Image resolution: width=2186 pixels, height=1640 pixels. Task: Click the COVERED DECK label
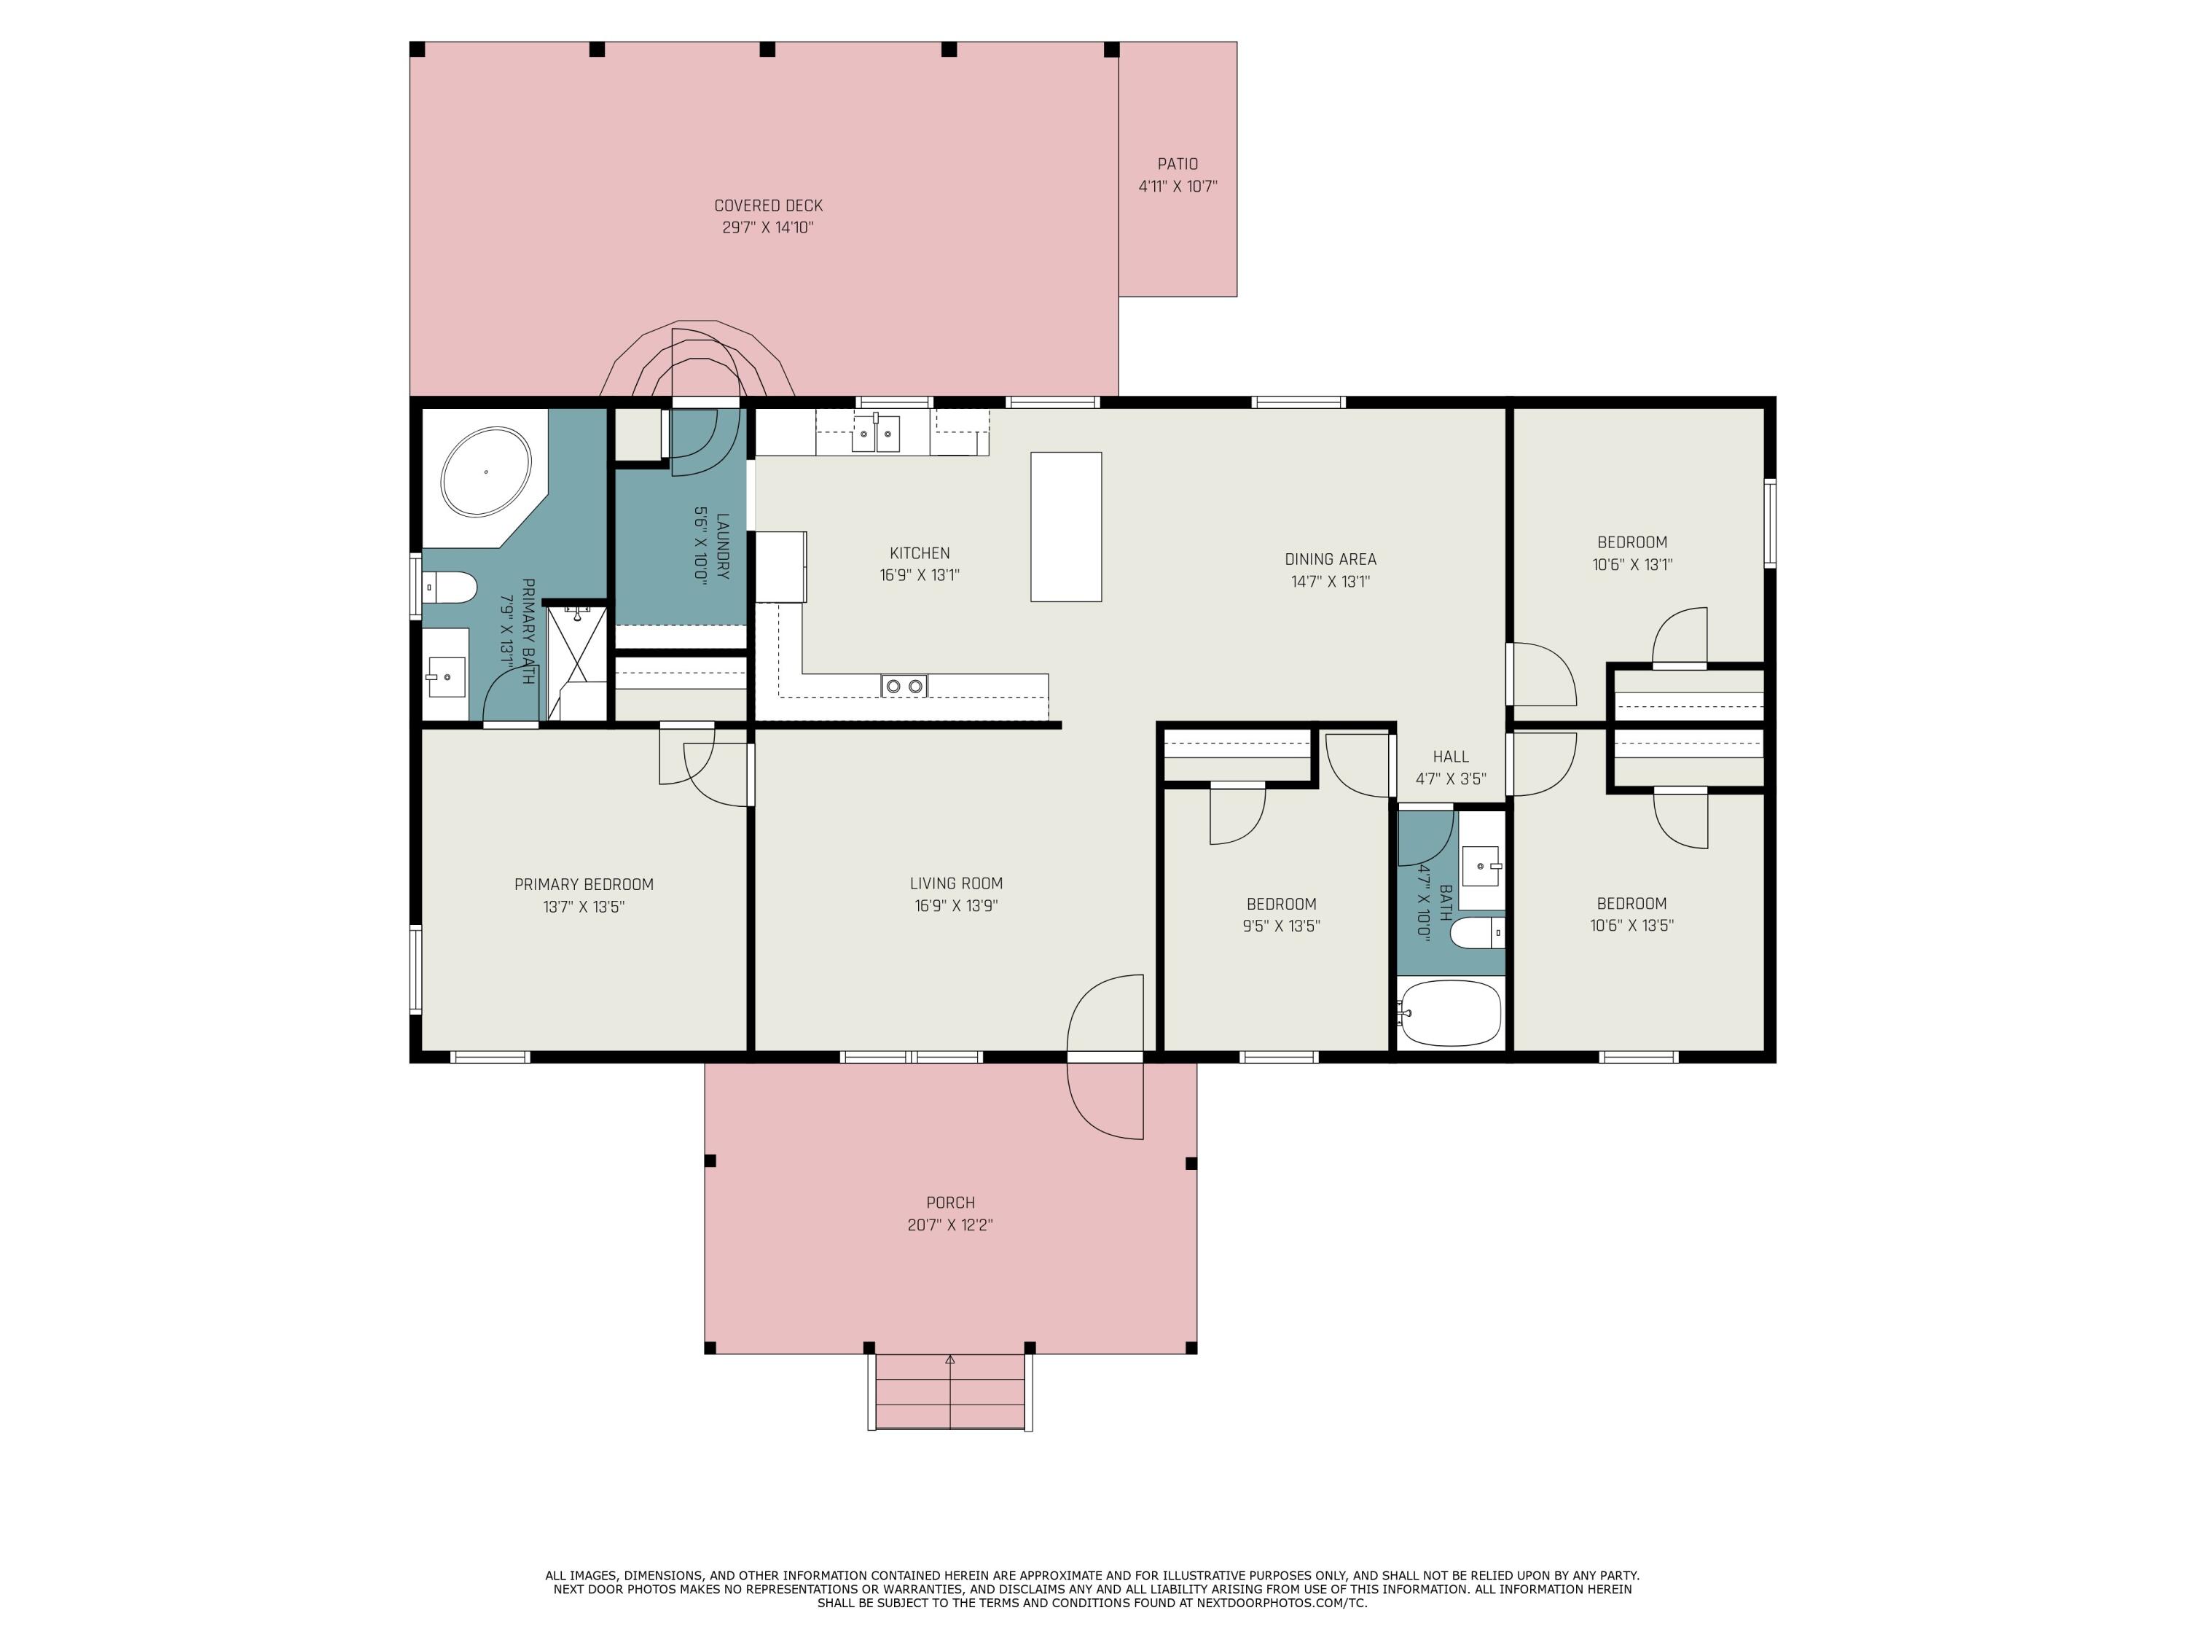[768, 206]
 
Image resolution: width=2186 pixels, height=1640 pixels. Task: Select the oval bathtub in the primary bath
[485, 472]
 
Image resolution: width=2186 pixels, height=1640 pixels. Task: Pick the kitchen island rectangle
[1065, 527]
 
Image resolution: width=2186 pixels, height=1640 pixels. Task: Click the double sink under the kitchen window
[876, 433]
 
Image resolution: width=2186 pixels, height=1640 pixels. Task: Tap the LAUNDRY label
[722, 546]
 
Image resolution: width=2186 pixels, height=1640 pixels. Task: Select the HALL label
[1450, 757]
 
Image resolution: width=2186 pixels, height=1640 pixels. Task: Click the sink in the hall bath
[1481, 867]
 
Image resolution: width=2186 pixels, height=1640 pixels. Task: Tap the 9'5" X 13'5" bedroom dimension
[1281, 926]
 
